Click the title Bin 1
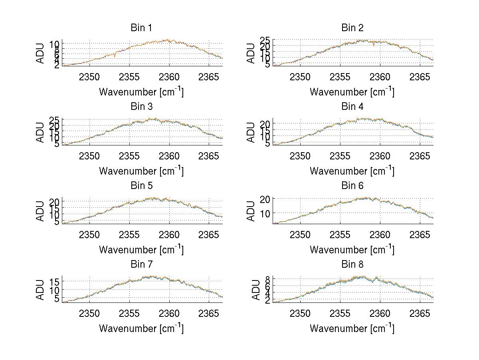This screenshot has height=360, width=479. point(141,28)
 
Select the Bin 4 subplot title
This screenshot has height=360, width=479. point(352,107)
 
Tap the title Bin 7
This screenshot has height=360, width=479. point(141,265)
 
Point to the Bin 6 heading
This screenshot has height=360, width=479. point(352,186)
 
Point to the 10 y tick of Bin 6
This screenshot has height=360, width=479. point(266,213)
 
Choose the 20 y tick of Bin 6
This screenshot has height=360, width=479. point(266,199)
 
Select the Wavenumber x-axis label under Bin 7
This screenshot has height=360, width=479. point(141,328)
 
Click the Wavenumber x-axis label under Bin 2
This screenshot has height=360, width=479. point(352,92)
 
